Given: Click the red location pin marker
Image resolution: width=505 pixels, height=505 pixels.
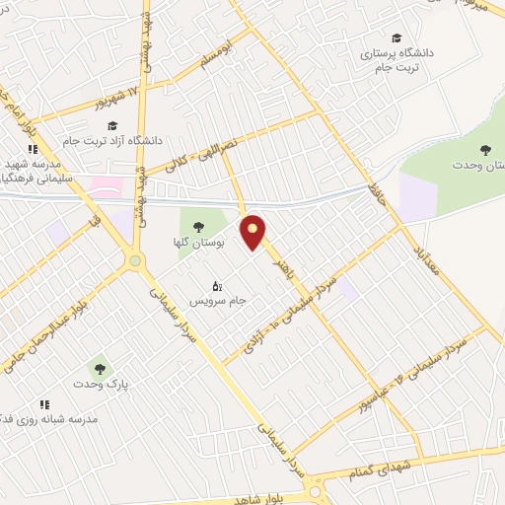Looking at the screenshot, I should (x=253, y=231).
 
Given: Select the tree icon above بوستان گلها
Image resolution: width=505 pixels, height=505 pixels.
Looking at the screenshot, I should (x=199, y=226).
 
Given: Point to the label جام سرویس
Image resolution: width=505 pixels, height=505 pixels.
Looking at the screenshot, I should (x=211, y=298).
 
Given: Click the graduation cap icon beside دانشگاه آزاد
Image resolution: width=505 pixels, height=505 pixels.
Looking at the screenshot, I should (x=112, y=126).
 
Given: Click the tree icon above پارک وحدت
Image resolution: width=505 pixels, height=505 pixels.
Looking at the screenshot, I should (x=96, y=367).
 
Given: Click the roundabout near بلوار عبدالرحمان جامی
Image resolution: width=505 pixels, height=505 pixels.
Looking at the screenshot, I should (x=133, y=260).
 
